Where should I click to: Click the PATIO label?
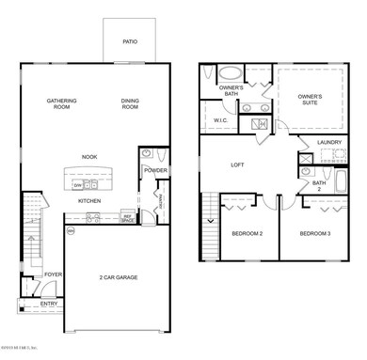130,41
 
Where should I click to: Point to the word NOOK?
90,157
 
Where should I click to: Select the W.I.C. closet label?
222,120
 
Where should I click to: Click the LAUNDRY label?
328,142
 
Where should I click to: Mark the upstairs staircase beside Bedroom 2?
210,226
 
